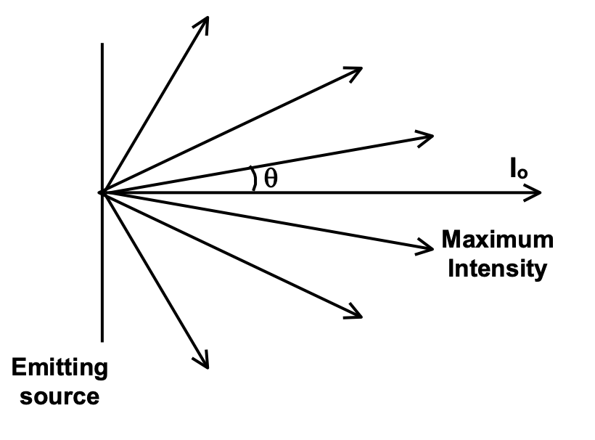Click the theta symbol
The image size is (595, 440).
[x=271, y=179]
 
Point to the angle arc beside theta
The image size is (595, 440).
[x=253, y=179]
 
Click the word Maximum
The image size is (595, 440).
[x=497, y=240]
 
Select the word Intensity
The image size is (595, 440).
[x=497, y=269]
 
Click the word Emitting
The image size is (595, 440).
[x=60, y=367]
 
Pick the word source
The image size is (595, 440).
[x=60, y=396]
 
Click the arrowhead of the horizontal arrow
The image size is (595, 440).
[x=537, y=192]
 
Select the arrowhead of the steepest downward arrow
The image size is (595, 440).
[x=205, y=363]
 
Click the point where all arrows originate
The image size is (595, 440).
[x=102, y=192]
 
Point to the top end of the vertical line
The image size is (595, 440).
[x=102, y=44]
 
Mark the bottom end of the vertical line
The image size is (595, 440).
[x=102, y=340]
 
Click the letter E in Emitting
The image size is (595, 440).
[x=18, y=367]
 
